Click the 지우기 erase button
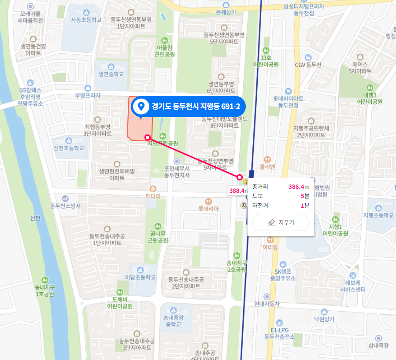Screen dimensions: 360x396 pyautogui.click(x=281, y=222)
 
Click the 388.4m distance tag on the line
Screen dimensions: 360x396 pyautogui.click(x=237, y=191)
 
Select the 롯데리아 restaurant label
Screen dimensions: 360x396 pyautogui.click(x=208, y=209)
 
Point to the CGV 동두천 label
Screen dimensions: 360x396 pyautogui.click(x=308, y=65)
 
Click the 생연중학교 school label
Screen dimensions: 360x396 pyautogui.click(x=111, y=74)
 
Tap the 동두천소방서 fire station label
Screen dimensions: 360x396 pyautogui.click(x=66, y=206)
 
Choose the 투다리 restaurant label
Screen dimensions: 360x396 pyautogui.click(x=153, y=196)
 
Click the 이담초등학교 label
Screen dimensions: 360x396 pyautogui.click(x=141, y=277)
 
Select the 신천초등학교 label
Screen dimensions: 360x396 pyautogui.click(x=68, y=148)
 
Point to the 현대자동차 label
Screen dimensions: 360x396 pyautogui.click(x=267, y=304)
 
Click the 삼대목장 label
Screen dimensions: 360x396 pyautogui.click(x=378, y=345)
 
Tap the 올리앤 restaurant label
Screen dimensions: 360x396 pyautogui.click(x=267, y=167)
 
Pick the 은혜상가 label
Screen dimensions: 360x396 pyautogui.click(x=227, y=12)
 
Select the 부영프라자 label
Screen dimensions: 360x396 pyautogui.click(x=88, y=95)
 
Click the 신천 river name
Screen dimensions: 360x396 pyautogui.click(x=35, y=218)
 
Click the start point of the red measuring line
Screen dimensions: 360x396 pyautogui.click(x=147, y=137)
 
